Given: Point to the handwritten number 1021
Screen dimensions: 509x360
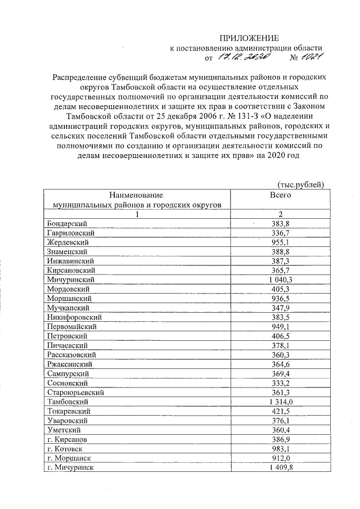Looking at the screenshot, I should pos(310,57).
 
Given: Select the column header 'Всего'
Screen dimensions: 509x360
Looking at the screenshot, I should pos(280,195).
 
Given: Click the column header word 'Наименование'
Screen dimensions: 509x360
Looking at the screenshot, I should pos(134,195).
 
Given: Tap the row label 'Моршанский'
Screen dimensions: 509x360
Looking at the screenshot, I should pos(69,298).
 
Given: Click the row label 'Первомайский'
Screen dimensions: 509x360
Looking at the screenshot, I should pos(72,326).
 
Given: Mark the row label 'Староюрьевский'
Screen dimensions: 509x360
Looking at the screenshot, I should pos(76,392).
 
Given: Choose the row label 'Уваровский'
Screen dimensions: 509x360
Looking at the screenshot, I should pos(67,420).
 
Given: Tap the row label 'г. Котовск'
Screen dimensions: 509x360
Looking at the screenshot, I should pos(66,448).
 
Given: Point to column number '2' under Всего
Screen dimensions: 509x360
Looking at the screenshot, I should pos(280,214).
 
